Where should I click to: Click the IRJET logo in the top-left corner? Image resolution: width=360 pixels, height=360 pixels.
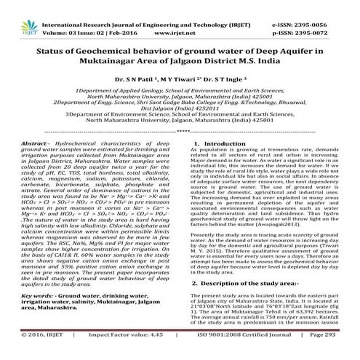click(x=17, y=12)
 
